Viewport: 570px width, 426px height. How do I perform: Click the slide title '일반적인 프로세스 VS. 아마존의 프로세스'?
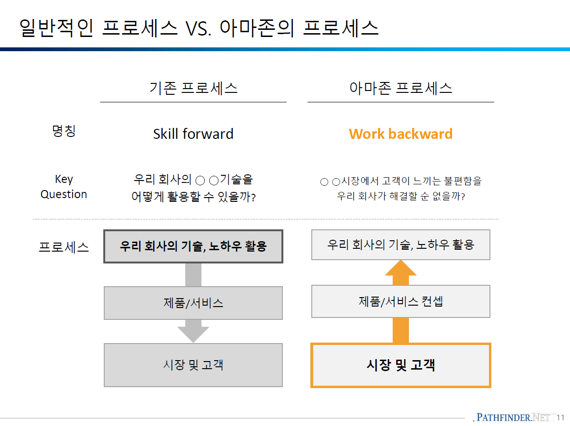[199, 28]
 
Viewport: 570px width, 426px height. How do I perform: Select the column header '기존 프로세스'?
[193, 88]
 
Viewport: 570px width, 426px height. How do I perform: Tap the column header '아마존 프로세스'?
[401, 88]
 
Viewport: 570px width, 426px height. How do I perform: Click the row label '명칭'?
[64, 131]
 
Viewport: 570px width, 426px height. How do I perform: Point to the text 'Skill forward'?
[193, 134]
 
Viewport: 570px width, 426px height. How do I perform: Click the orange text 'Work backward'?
[401, 134]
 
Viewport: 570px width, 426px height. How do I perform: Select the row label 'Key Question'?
[64, 187]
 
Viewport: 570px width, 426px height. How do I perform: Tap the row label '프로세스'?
[64, 247]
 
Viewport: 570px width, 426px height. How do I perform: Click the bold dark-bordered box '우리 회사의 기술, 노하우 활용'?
[193, 246]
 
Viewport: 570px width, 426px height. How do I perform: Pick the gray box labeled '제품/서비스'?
[193, 303]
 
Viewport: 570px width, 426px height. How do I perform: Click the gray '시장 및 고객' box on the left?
[193, 365]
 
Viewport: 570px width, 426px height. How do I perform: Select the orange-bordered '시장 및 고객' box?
[401, 365]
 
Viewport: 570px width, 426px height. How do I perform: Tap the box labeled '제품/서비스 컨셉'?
[401, 301]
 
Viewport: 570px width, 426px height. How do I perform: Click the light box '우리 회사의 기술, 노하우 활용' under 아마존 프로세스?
[401, 245]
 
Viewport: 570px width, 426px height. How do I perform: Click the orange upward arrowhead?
[401, 268]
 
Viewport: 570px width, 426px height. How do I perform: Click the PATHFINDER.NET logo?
[513, 417]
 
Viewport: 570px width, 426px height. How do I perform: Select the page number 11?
[561, 417]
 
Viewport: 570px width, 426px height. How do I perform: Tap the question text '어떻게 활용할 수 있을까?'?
[193, 197]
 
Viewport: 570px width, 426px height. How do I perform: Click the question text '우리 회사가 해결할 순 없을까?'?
[401, 196]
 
